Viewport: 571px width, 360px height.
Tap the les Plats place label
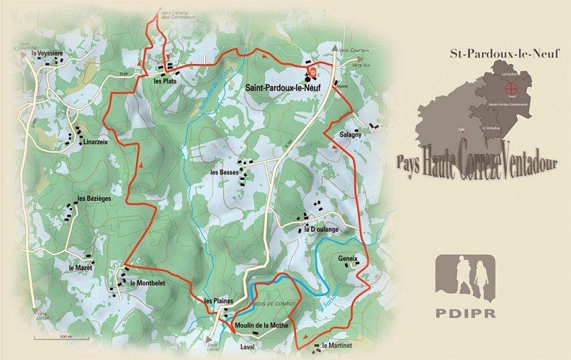[x=165, y=81]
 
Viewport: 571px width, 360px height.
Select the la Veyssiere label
[x=48, y=53]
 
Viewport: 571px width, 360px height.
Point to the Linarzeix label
[x=96, y=142]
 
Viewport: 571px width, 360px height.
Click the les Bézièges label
[x=94, y=199]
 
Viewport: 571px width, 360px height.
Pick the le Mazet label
[x=81, y=268]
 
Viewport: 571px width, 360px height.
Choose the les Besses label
[x=224, y=173]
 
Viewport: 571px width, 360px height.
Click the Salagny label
[x=351, y=135]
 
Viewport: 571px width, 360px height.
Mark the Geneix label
[x=348, y=258]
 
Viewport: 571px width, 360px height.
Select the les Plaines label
[x=218, y=301]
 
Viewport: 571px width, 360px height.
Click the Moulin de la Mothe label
[x=262, y=325]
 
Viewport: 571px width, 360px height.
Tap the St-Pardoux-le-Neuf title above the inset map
[x=493, y=53]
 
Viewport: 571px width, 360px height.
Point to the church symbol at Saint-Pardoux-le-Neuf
[x=307, y=76]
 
